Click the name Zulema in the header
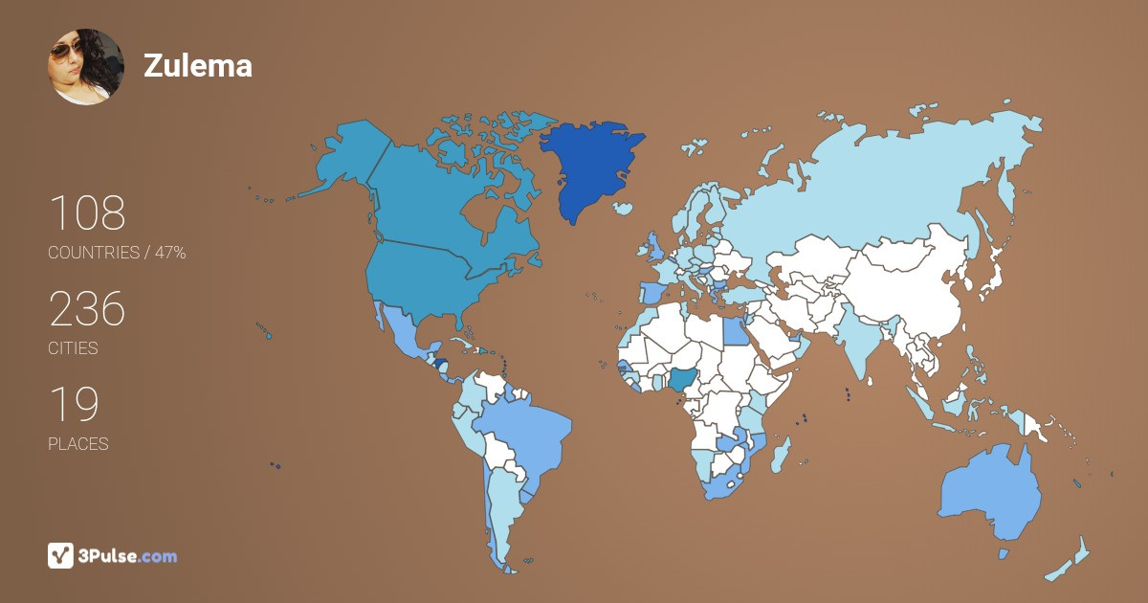pyautogui.click(x=198, y=65)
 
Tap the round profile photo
pyautogui.click(x=85, y=66)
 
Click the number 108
pyautogui.click(x=87, y=213)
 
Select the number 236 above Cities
pyautogui.click(x=87, y=310)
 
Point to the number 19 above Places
pyautogui.click(x=74, y=406)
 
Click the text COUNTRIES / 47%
pyautogui.click(x=117, y=253)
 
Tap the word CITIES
pyautogui.click(x=74, y=348)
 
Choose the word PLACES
pyautogui.click(x=78, y=444)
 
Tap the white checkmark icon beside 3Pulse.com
pyautogui.click(x=60, y=556)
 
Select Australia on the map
pyautogui.click(x=990, y=493)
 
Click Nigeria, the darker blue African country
pyautogui.click(x=683, y=380)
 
